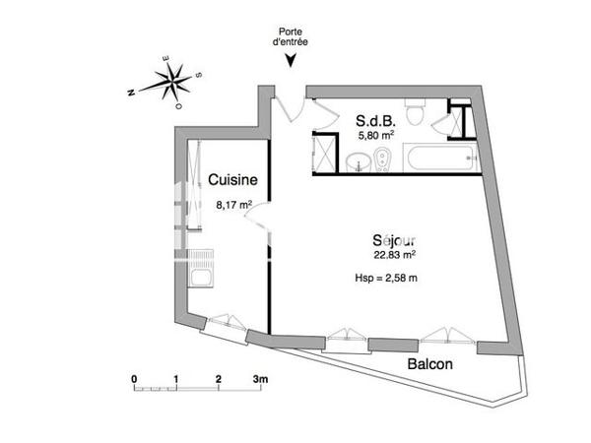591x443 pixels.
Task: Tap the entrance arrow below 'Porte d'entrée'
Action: (x=290, y=61)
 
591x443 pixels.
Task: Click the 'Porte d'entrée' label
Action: (x=290, y=35)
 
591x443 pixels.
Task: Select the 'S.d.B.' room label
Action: (x=374, y=121)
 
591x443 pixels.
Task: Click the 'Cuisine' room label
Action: (x=233, y=180)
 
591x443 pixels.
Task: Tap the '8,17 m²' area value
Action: (x=233, y=206)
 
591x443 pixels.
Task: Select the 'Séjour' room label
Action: (x=393, y=239)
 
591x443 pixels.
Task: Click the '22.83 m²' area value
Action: (x=387, y=256)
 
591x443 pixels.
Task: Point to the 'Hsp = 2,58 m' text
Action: (x=386, y=279)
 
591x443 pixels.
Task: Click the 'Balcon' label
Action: (x=430, y=363)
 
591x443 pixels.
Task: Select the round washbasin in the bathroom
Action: (x=361, y=160)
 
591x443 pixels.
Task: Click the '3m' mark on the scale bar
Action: (x=261, y=378)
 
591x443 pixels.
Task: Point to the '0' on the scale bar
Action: (x=134, y=378)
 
